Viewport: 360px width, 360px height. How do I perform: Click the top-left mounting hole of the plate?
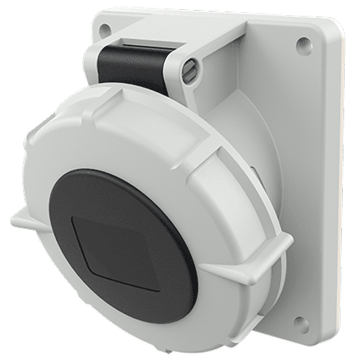(x=106, y=30)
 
